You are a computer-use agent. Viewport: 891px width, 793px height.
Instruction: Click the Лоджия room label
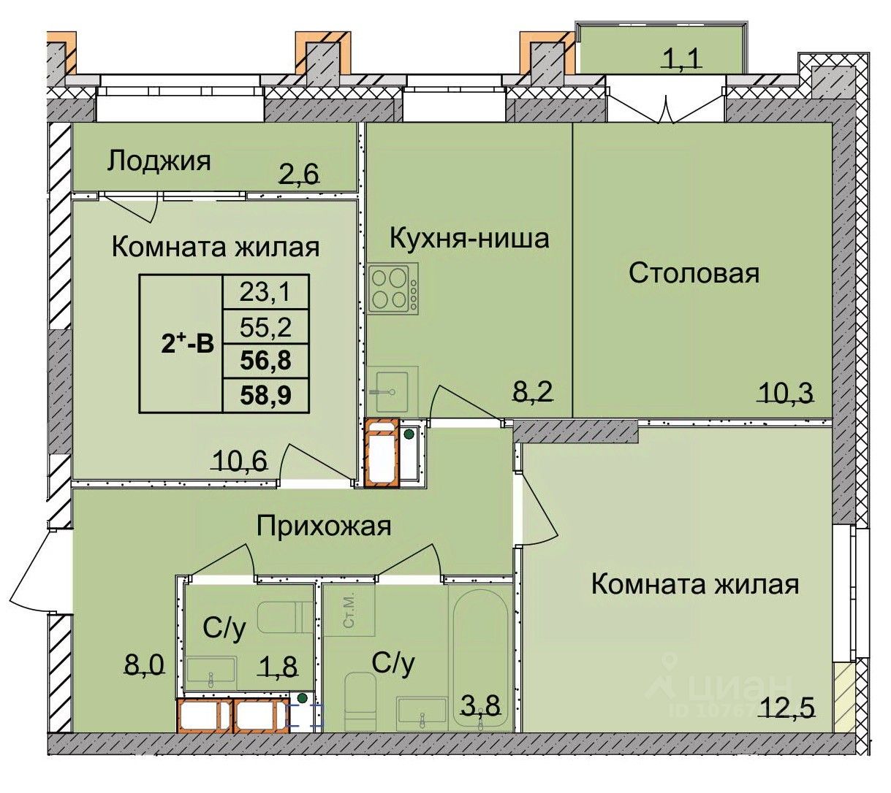[x=159, y=161]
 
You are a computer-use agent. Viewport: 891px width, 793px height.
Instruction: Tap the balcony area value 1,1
[x=680, y=59]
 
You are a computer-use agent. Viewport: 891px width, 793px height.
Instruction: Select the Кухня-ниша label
[x=469, y=239]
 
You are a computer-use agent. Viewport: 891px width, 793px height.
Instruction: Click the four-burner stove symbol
[x=393, y=287]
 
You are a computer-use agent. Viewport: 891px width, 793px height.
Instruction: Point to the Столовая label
[x=694, y=273]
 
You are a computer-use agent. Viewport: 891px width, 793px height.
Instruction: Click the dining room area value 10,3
[x=785, y=391]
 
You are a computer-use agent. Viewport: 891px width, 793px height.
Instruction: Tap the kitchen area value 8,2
[x=533, y=391]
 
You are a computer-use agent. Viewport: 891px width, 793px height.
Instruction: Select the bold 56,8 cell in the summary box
[x=265, y=361]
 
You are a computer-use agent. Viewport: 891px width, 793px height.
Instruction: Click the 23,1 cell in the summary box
[x=265, y=292]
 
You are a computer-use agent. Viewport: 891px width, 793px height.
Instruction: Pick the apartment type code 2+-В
[x=187, y=343]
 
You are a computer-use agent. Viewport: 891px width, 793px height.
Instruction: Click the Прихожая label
[x=324, y=526]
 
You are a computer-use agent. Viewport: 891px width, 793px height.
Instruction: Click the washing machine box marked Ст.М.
[x=349, y=610]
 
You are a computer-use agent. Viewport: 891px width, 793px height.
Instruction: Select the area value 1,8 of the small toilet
[x=278, y=666]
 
